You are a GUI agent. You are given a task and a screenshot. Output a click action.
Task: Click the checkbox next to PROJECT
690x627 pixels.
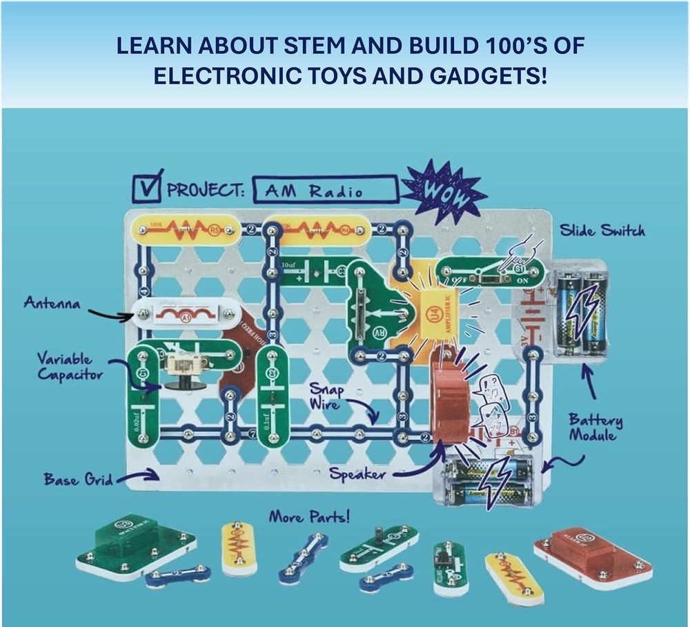tap(147, 189)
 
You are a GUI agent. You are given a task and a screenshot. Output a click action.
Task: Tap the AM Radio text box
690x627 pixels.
tap(325, 191)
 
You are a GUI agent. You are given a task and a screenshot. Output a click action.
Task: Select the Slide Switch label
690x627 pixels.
tap(602, 231)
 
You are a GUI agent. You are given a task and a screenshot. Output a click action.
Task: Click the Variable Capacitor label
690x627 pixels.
tap(67, 366)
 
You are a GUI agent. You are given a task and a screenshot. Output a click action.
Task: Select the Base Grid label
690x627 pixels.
tap(77, 479)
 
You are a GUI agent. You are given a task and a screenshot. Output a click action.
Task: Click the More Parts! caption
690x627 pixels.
tap(309, 516)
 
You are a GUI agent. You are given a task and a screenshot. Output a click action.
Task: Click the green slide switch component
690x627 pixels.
tap(491, 273)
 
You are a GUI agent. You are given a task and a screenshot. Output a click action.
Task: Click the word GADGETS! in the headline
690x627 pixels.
tap(484, 75)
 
